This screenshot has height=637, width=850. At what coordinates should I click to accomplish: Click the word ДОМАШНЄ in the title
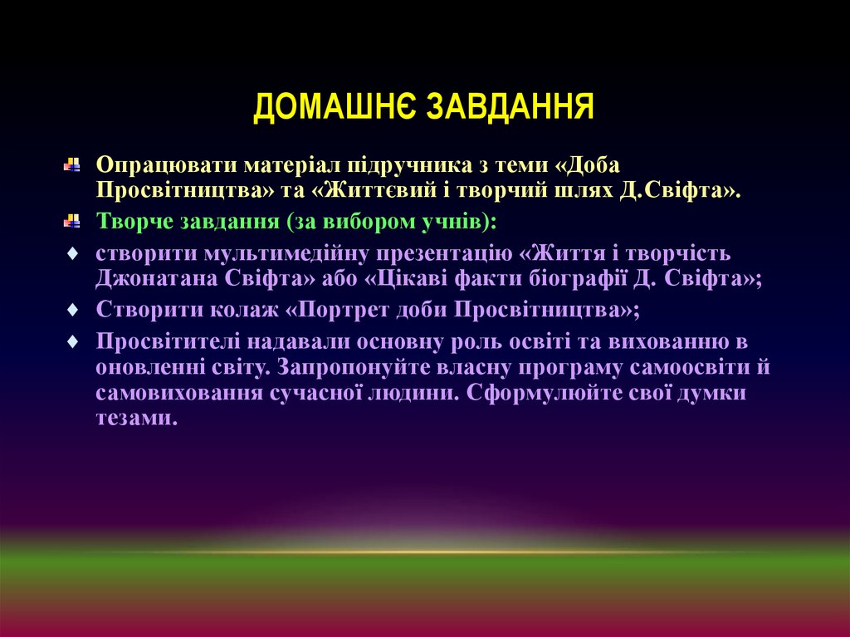coord(332,107)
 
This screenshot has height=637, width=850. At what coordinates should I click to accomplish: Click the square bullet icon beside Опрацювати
coord(72,164)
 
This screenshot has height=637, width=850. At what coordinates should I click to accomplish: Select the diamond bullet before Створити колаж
coord(72,309)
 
